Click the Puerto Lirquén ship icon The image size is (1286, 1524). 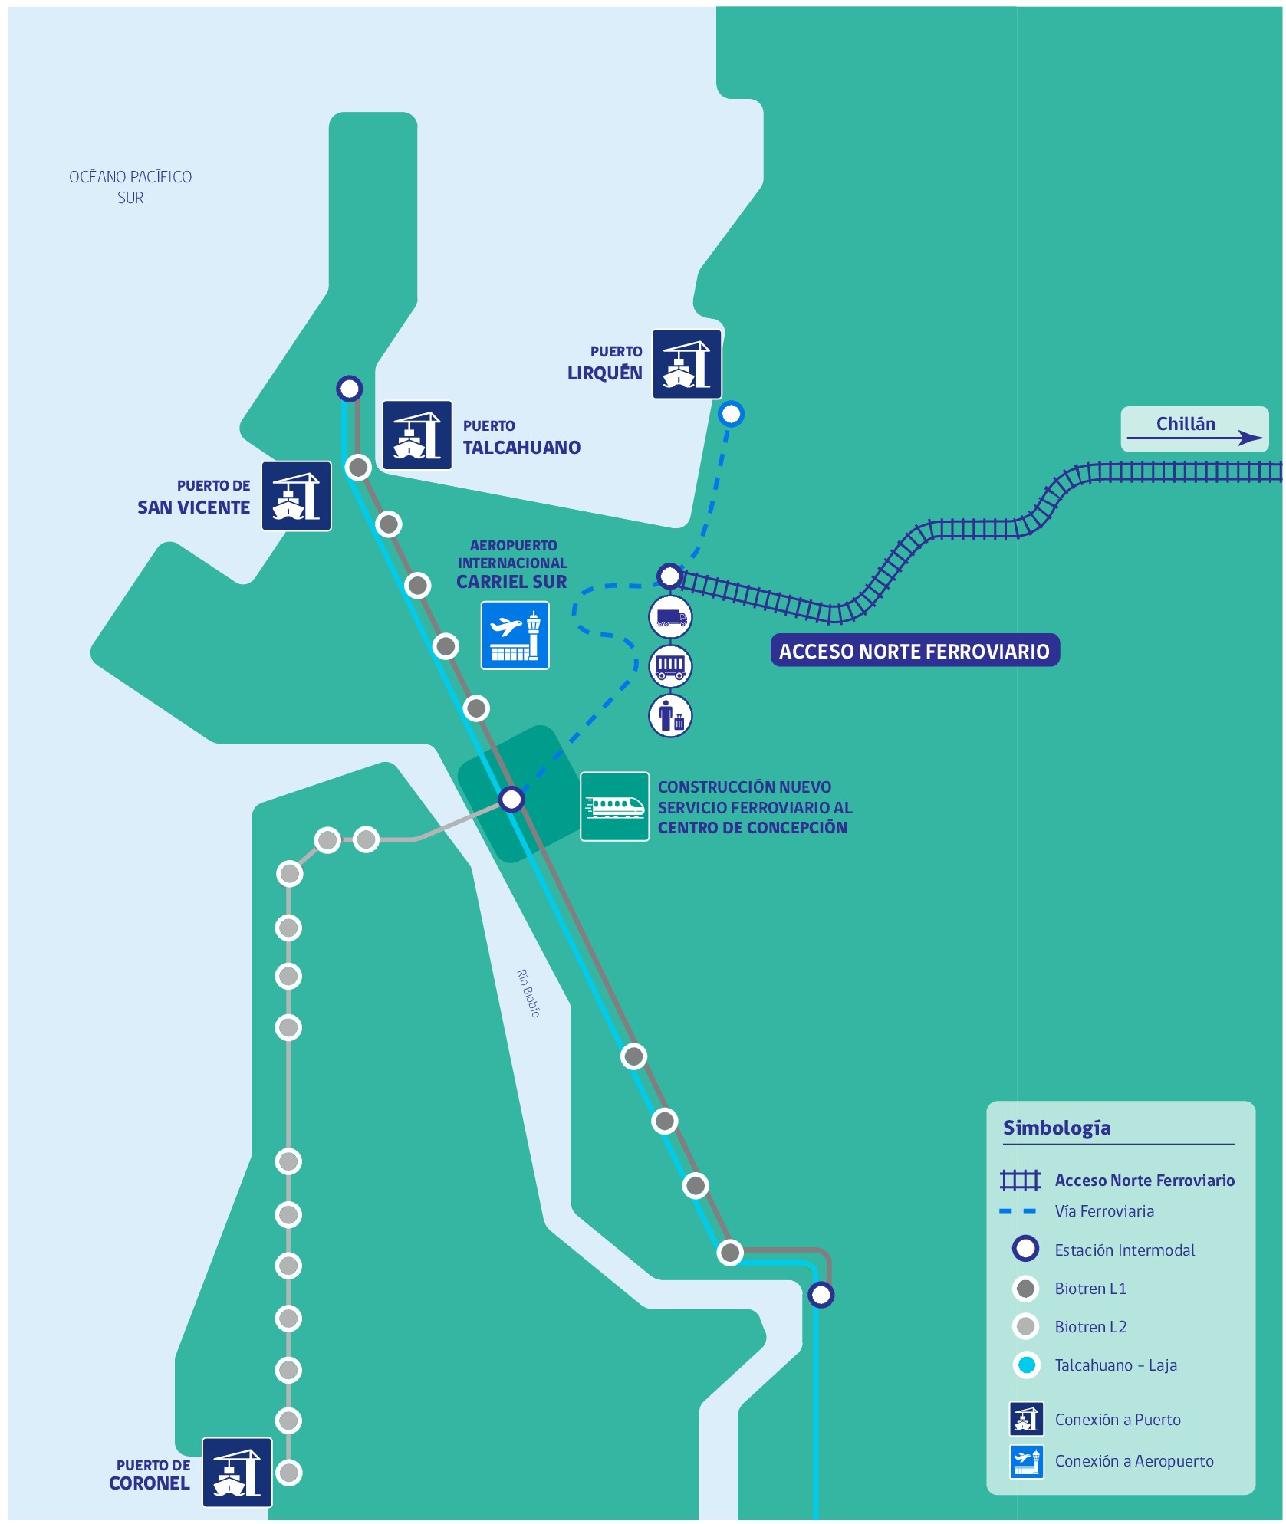click(x=686, y=364)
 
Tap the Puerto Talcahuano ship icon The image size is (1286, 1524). click(x=417, y=435)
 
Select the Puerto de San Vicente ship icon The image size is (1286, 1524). click(x=296, y=496)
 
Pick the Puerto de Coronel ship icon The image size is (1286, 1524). click(x=237, y=1472)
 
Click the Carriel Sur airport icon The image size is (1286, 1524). click(x=515, y=636)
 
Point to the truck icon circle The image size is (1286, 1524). click(x=670, y=617)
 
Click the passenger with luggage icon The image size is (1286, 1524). click(x=670, y=717)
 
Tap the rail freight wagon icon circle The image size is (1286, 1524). click(x=670, y=666)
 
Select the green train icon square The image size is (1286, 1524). click(x=614, y=806)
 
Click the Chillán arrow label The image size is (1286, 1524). click(x=1194, y=429)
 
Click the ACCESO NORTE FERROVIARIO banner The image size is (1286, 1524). click(x=914, y=651)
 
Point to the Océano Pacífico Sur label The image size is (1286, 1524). click(x=130, y=187)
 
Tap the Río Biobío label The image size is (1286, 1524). click(x=528, y=993)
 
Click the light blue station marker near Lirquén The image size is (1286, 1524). click(x=731, y=414)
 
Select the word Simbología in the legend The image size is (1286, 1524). click(x=1057, y=1128)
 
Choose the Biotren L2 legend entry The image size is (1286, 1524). click(x=1090, y=1327)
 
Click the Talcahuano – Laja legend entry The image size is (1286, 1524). click(x=1115, y=1365)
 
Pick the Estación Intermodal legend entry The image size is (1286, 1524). click(x=1123, y=1250)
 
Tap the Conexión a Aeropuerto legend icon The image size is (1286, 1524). click(x=1026, y=1461)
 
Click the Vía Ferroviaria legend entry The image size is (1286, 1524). click(x=1103, y=1211)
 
